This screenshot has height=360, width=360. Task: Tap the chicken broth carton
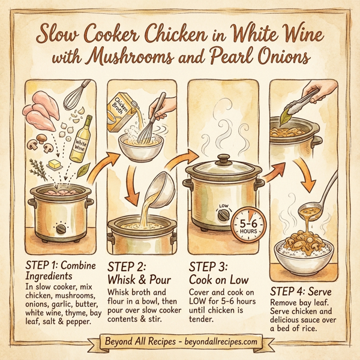pos(125,113)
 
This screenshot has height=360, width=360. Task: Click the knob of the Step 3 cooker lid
pos(222,159)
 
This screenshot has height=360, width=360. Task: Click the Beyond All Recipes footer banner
pos(180,342)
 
